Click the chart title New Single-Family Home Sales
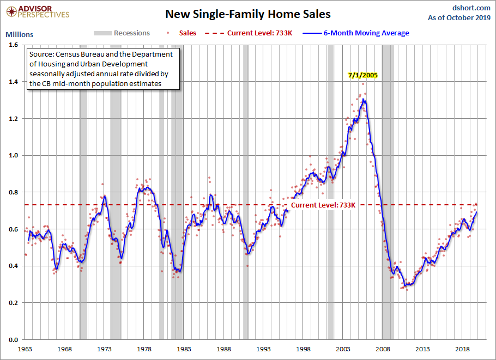247,14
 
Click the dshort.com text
471,8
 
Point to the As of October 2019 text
461,18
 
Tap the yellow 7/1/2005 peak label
363,75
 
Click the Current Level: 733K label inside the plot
323,205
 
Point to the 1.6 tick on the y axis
13,45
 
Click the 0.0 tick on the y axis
13,339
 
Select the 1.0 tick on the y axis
13,155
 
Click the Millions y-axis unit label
19,34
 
